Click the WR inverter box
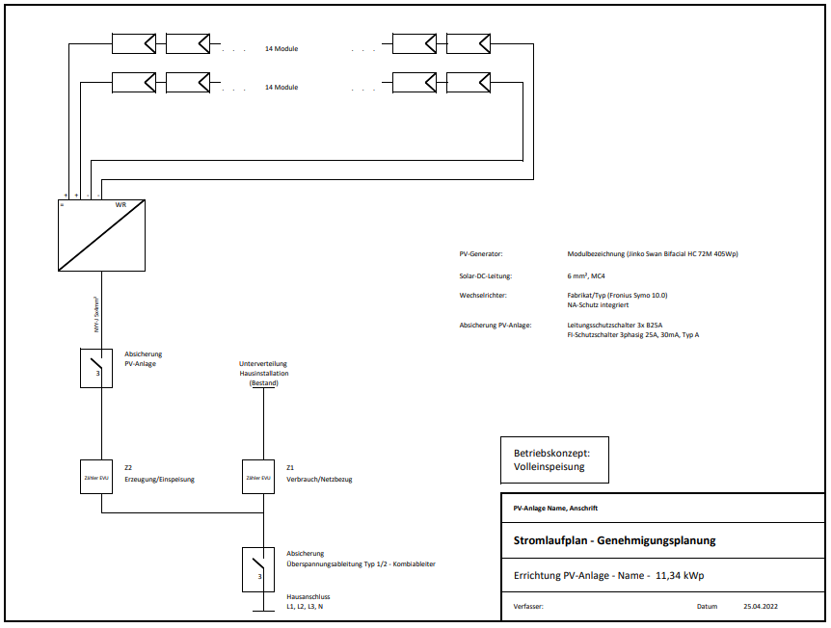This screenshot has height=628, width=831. (x=101, y=235)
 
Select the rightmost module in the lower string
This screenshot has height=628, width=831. (x=469, y=82)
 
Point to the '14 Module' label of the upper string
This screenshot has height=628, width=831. (x=281, y=48)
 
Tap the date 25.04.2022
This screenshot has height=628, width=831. (x=762, y=607)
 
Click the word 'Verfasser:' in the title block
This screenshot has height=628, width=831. (x=530, y=607)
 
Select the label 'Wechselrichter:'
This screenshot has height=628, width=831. (x=483, y=296)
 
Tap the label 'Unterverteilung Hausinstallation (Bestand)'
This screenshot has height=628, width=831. (x=263, y=374)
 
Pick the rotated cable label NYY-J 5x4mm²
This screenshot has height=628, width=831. (x=96, y=315)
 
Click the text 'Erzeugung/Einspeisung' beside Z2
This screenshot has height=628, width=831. (x=160, y=479)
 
